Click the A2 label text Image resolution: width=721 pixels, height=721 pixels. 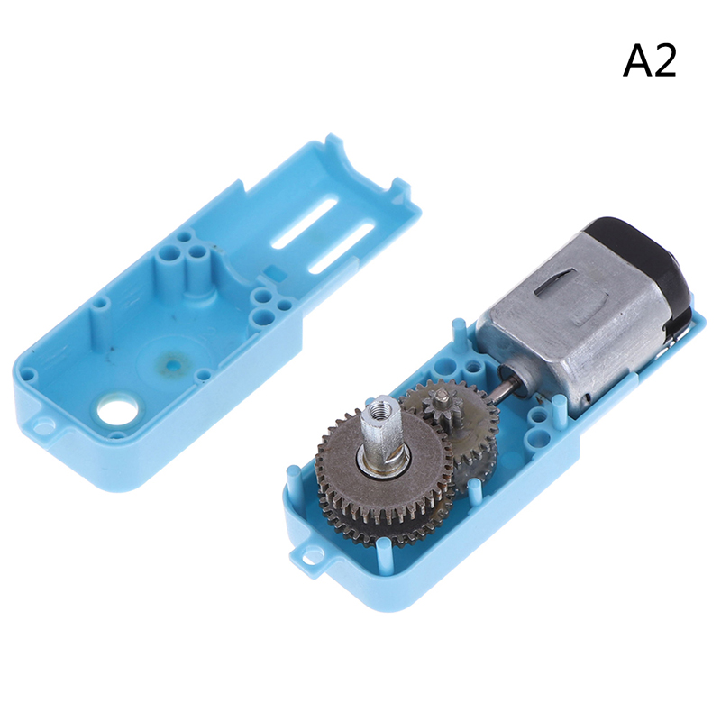coord(649,61)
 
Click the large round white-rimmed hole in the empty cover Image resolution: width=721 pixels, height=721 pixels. coord(117,407)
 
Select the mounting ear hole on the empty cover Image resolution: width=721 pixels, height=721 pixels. coord(43,422)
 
